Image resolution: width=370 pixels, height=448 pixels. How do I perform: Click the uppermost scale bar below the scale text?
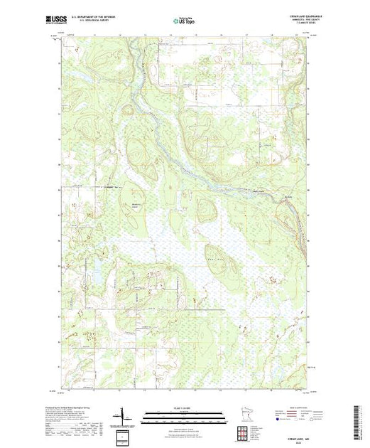click(183, 412)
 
